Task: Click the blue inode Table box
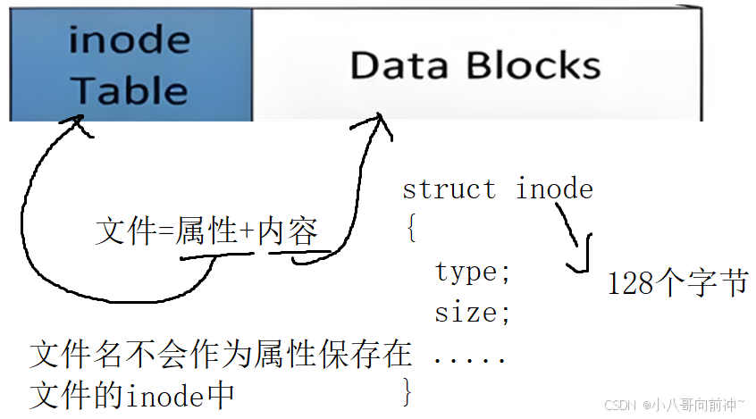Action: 130,64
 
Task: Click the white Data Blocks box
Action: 475,64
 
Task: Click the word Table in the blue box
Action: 130,89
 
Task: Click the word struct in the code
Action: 449,189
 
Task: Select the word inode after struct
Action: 554,189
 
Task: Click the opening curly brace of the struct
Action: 410,230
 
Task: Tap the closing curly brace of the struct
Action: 410,390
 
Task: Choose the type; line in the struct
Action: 473,272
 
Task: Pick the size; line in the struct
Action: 473,313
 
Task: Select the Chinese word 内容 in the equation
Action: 288,233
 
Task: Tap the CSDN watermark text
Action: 618,405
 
